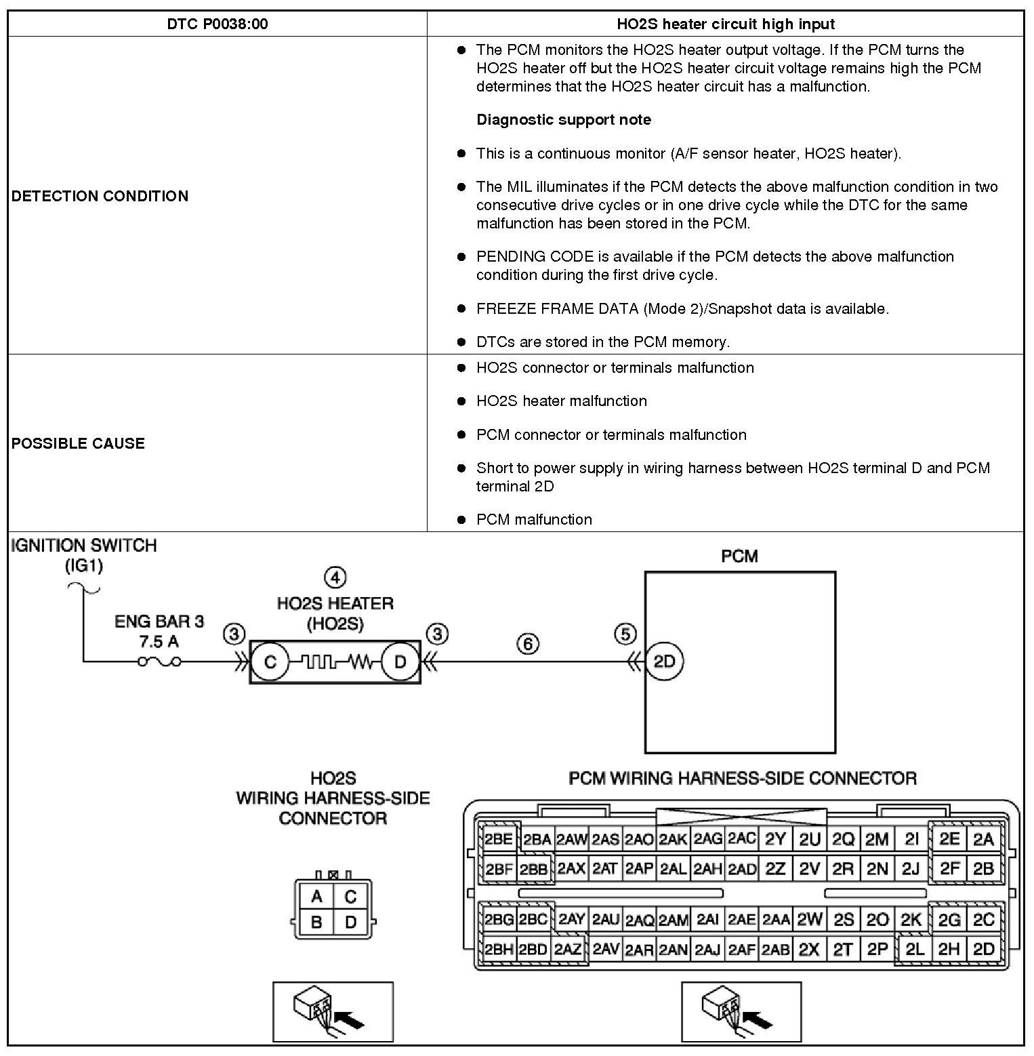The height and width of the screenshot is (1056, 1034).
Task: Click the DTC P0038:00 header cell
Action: pyautogui.click(x=217, y=24)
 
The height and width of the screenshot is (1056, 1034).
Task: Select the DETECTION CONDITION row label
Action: pyautogui.click(x=100, y=196)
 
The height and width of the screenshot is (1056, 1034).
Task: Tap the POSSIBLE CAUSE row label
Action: pyautogui.click(x=78, y=443)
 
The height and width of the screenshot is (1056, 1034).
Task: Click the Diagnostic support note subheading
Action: pyautogui.click(x=563, y=120)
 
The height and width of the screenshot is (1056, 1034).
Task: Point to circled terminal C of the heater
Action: pyautogui.click(x=270, y=662)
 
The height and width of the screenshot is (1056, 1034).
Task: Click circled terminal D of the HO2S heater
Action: pyautogui.click(x=400, y=662)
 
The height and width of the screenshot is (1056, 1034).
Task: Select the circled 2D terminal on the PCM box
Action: pyautogui.click(x=664, y=662)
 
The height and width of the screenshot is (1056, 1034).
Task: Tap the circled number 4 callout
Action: pyautogui.click(x=335, y=577)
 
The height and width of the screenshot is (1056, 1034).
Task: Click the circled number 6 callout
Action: pyautogui.click(x=528, y=643)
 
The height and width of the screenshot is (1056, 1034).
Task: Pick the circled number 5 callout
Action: pyautogui.click(x=625, y=634)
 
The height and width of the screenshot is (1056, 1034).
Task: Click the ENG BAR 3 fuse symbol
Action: pyautogui.click(x=159, y=662)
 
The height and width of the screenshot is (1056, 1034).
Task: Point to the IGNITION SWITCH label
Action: pyautogui.click(x=84, y=546)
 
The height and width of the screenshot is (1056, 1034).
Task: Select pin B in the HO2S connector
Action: pyautogui.click(x=316, y=922)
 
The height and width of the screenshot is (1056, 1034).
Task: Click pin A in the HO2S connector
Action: pyautogui.click(x=316, y=897)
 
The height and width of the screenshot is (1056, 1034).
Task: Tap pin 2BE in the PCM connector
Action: pyautogui.click(x=498, y=839)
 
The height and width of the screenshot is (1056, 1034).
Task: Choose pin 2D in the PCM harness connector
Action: pyautogui.click(x=983, y=950)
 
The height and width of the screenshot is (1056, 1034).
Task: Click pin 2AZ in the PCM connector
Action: pyautogui.click(x=568, y=950)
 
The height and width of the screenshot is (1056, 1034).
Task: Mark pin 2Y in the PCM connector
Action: pyautogui.click(x=774, y=839)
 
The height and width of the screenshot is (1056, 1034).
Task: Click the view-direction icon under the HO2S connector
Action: pyautogui.click(x=333, y=1011)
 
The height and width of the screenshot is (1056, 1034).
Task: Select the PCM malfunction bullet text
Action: pyautogui.click(x=534, y=520)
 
